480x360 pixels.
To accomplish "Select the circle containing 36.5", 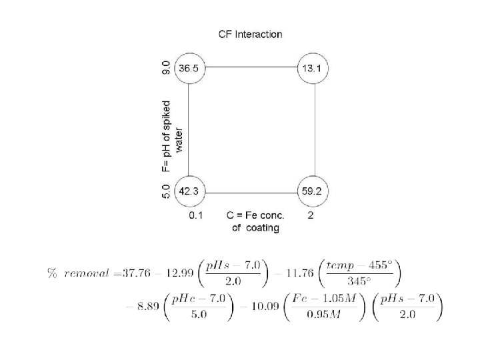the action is click(x=189, y=68).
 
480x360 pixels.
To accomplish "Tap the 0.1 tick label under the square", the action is click(x=196, y=215).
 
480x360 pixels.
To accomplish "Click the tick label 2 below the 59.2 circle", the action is click(x=311, y=215).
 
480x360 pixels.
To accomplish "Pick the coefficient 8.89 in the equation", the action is click(x=150, y=308).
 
